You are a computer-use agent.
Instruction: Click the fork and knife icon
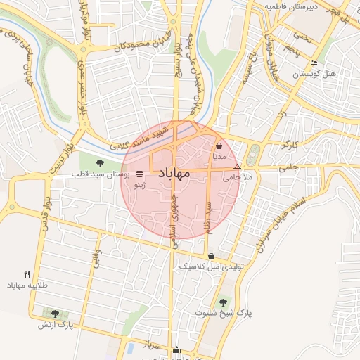point(27,274)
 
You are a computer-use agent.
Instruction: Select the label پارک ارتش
point(56,325)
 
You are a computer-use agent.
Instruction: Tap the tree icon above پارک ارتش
point(56,314)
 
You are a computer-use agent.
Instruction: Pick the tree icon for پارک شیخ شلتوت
point(224,302)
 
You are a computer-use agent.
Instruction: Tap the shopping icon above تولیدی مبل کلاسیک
point(212,256)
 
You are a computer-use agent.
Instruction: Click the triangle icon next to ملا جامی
point(237,167)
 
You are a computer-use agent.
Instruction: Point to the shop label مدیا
point(219,157)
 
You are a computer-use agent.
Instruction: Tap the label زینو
point(140,186)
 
